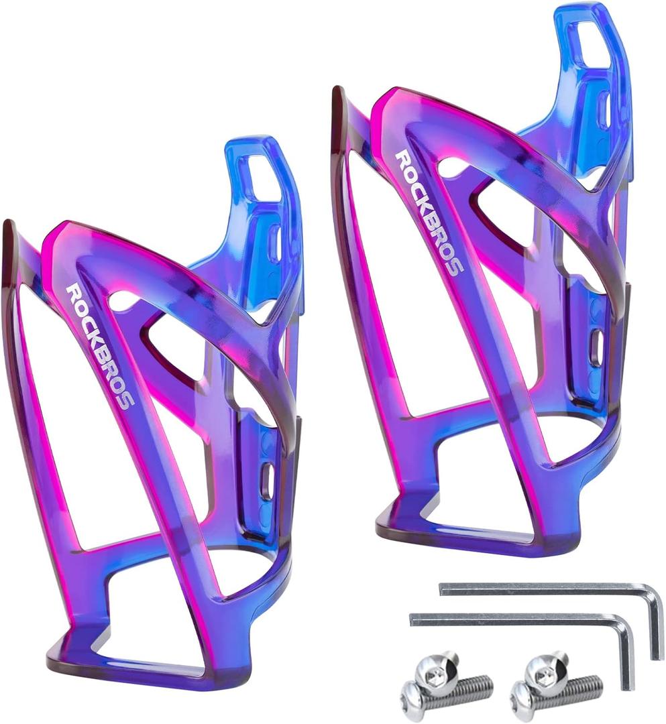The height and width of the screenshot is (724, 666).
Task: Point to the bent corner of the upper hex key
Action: pyautogui.click(x=653, y=593)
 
